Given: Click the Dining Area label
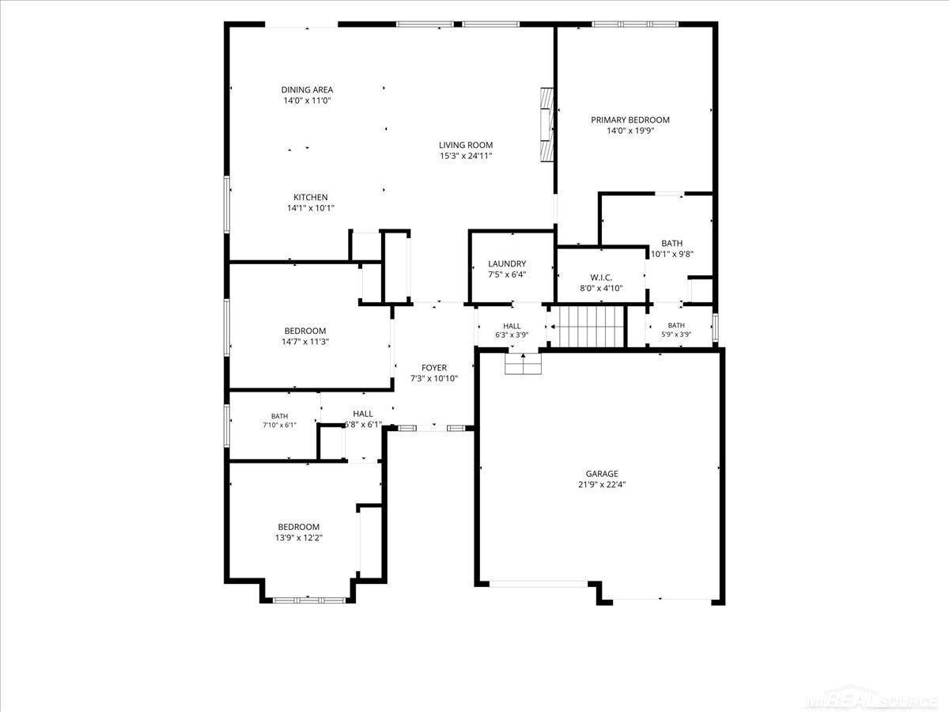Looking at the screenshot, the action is pyautogui.click(x=307, y=90).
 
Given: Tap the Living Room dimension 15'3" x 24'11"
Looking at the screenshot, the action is pyautogui.click(x=466, y=156).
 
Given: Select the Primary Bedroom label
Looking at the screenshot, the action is pyautogui.click(x=630, y=119).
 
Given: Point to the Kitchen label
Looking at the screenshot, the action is pyautogui.click(x=311, y=197).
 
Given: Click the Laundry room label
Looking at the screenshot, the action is pyautogui.click(x=507, y=263).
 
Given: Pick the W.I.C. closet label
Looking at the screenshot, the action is pyautogui.click(x=601, y=278).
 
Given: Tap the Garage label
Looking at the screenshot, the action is pyautogui.click(x=602, y=473).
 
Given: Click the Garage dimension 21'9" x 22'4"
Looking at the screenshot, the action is pyautogui.click(x=602, y=485).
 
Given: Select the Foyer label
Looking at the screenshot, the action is pyautogui.click(x=434, y=368).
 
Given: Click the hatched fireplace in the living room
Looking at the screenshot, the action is pyautogui.click(x=547, y=125).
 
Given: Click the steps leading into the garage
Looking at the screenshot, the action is pyautogui.click(x=523, y=364).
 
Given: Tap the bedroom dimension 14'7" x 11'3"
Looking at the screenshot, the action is pyautogui.click(x=305, y=342).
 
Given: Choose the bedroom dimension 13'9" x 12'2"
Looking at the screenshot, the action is pyautogui.click(x=299, y=538).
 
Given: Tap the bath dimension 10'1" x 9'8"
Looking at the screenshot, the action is pyautogui.click(x=672, y=255).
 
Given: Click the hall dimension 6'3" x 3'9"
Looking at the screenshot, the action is pyautogui.click(x=512, y=335).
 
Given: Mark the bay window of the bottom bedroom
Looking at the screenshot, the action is pyautogui.click(x=309, y=600).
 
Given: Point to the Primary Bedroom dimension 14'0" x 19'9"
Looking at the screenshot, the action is pyautogui.click(x=630, y=131).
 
